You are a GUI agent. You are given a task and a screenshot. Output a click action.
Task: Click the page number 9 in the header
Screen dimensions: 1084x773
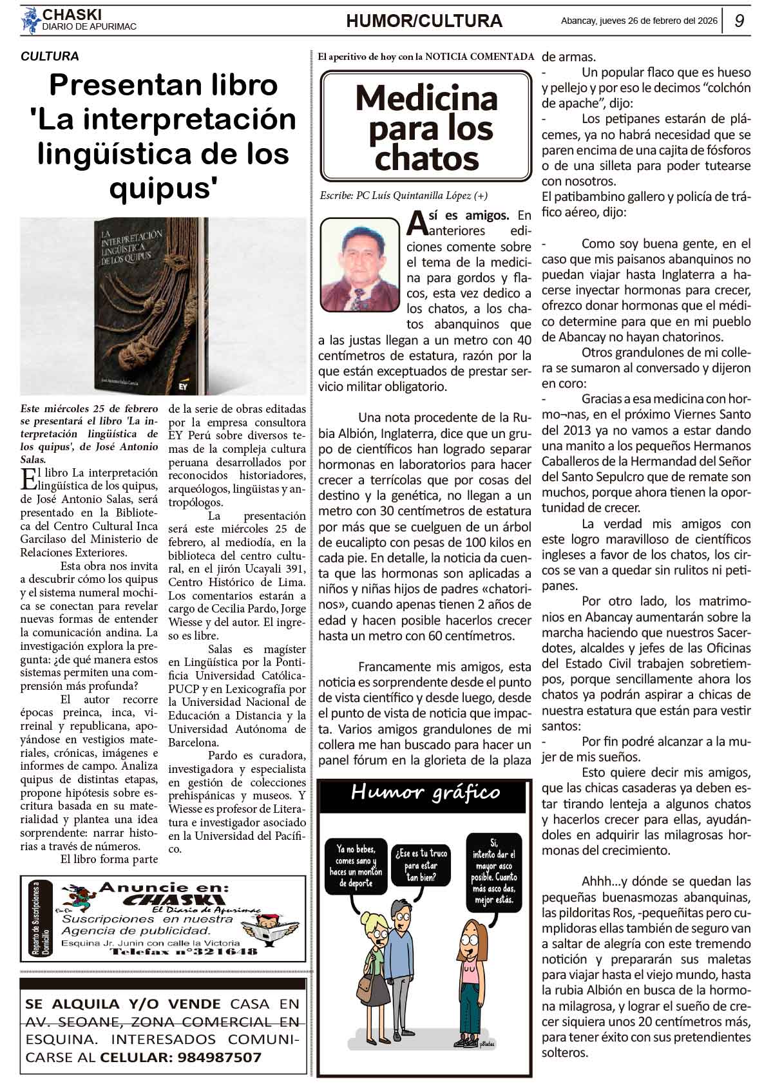(x=740, y=21)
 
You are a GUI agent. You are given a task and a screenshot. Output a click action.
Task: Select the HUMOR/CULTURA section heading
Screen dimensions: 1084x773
(x=424, y=21)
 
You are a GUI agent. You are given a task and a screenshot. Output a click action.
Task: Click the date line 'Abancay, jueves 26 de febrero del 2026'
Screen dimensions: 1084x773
(x=639, y=21)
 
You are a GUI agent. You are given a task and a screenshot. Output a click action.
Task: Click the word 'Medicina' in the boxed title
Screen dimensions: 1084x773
(x=426, y=99)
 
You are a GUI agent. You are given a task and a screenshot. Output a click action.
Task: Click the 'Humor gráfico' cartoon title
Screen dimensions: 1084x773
(x=425, y=793)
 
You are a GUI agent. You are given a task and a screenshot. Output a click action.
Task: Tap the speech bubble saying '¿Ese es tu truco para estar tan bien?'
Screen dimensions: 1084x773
(x=421, y=866)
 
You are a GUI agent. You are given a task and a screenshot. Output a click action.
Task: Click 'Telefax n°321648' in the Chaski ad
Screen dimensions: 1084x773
(x=184, y=951)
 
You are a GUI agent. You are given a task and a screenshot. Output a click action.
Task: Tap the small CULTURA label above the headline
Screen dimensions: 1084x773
(x=50, y=57)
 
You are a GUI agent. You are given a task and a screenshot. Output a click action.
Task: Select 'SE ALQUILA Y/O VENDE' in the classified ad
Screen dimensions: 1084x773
(x=123, y=1004)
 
